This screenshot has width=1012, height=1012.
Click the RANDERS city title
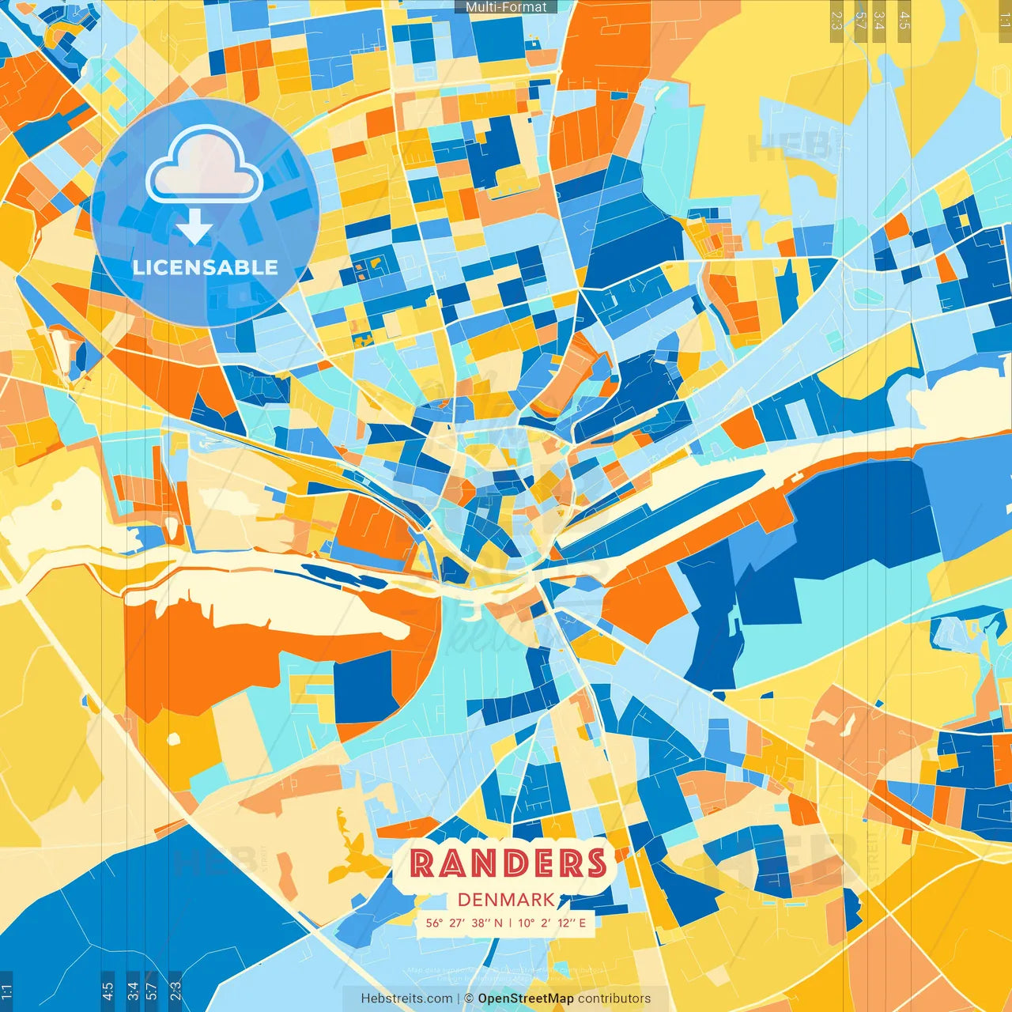click(x=508, y=863)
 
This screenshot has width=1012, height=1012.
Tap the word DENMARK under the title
click(x=506, y=900)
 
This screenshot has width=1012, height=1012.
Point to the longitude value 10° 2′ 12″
click(x=546, y=923)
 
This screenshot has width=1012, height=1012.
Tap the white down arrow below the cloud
click(x=194, y=229)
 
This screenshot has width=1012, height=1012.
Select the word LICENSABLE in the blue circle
click(x=206, y=267)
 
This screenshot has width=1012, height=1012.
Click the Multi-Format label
click(x=506, y=7)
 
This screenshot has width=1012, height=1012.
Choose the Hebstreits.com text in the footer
click(x=406, y=999)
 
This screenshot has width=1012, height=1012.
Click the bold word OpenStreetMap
click(x=526, y=999)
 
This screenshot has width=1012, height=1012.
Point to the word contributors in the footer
click(x=614, y=999)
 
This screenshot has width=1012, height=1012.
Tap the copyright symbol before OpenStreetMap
click(x=469, y=999)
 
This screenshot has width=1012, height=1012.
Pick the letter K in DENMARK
click(x=547, y=900)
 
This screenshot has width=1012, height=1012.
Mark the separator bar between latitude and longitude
click(x=510, y=923)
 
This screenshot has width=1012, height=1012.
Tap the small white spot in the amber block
click(x=173, y=739)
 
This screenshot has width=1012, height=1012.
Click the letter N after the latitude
click(x=498, y=923)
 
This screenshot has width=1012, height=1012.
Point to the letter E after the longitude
click(x=583, y=923)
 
